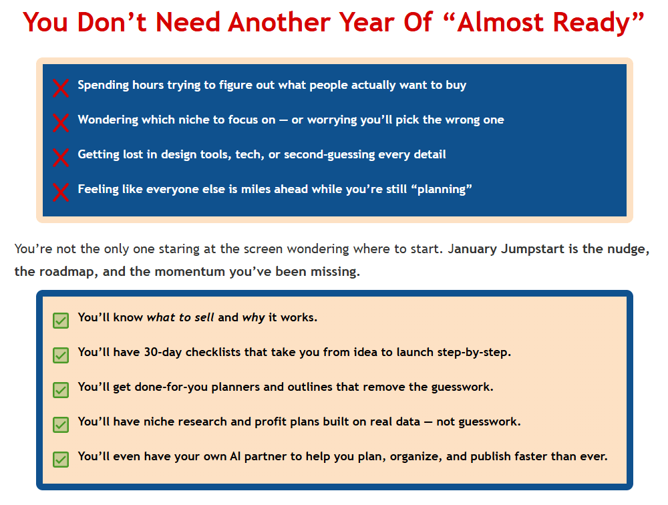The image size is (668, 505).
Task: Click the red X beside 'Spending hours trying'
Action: coord(61,88)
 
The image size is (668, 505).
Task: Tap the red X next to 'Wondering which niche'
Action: coord(61,122)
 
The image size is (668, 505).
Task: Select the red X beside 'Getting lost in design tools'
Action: coord(61,157)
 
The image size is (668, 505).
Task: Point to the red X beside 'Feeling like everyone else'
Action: coord(61,192)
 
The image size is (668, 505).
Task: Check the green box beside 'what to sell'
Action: coord(61,320)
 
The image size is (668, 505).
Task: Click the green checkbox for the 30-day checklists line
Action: coord(61,355)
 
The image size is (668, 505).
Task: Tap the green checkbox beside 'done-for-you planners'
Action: coord(61,389)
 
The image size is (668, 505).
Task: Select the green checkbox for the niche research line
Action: coord(61,424)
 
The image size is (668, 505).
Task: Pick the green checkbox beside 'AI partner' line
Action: coord(61,459)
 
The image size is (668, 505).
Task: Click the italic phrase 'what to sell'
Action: coord(180,317)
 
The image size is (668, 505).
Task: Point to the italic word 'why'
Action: coord(253,317)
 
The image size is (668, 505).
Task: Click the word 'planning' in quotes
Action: coord(444,189)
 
